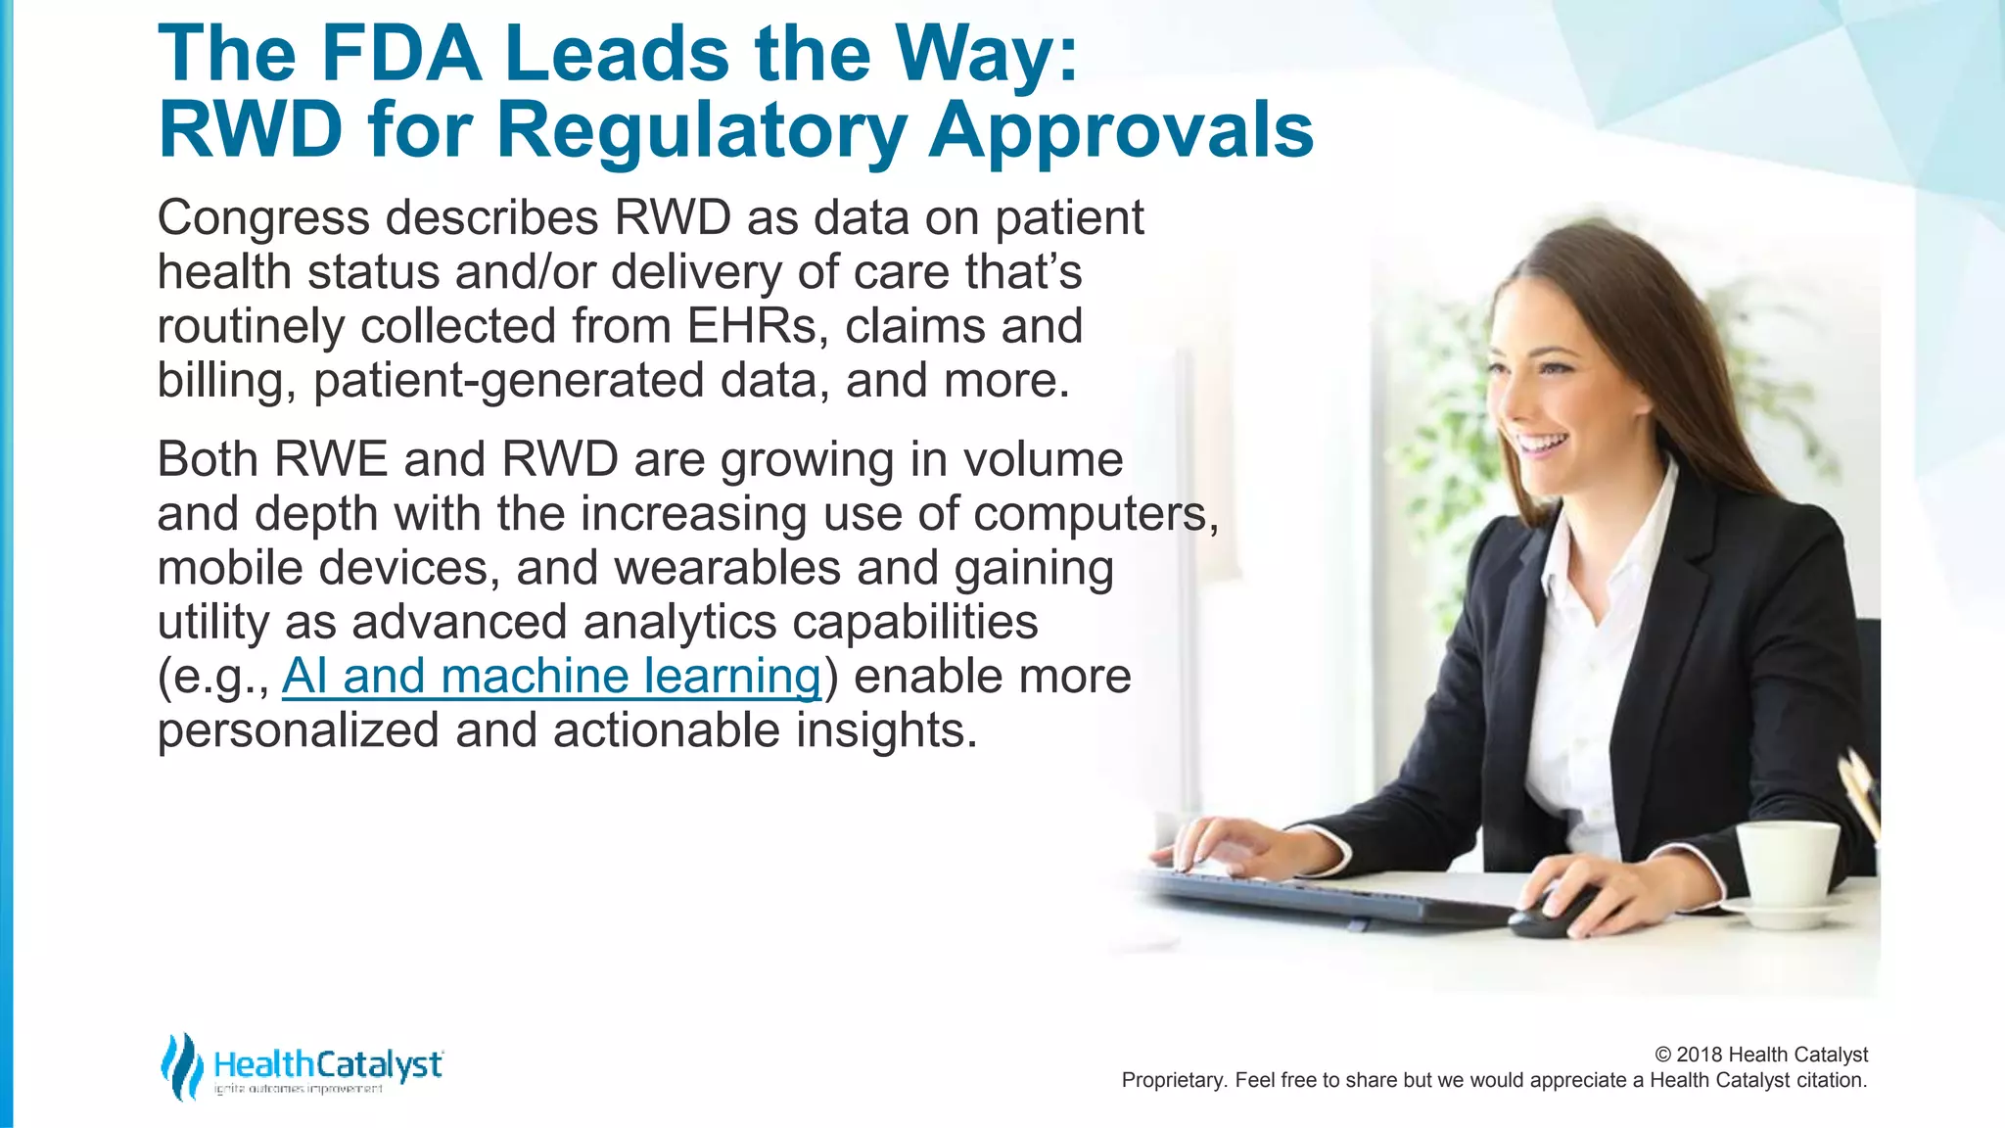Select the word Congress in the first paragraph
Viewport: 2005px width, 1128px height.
point(263,217)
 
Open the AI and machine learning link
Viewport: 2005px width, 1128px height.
point(551,676)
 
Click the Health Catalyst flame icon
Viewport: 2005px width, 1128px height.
point(181,1065)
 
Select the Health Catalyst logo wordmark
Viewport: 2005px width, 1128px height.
point(328,1064)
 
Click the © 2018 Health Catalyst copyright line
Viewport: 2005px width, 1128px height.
point(1760,1055)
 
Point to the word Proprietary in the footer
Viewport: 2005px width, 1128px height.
point(1171,1080)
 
